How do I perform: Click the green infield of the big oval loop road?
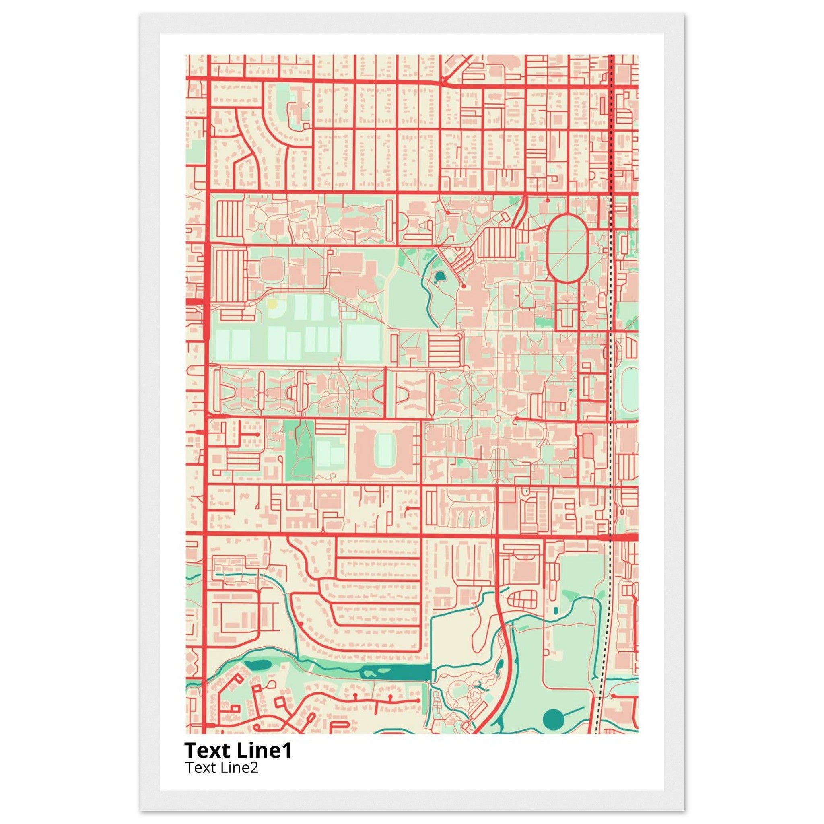[567, 248]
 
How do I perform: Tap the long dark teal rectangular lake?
[395, 673]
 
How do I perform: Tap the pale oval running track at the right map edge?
[630, 384]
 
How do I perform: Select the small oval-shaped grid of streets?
[524, 599]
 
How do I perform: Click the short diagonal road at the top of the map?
[456, 68]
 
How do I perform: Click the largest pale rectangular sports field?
[363, 342]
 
